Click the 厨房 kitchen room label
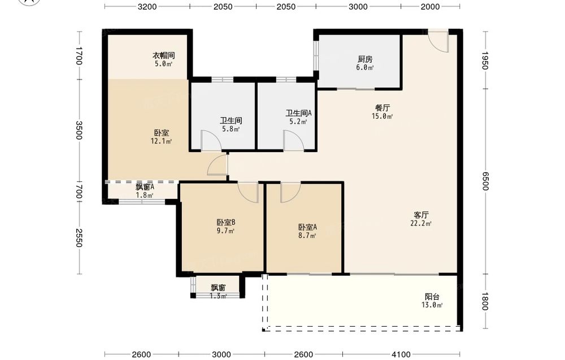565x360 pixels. (x=365, y=59)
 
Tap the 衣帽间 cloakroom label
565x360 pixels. (x=164, y=55)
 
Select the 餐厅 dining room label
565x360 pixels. (x=383, y=108)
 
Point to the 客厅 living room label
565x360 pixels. (x=421, y=215)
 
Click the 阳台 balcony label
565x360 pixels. (x=432, y=297)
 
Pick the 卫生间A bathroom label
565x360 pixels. (x=299, y=113)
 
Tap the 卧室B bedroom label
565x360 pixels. (x=226, y=222)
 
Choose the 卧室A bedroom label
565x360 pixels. (x=307, y=227)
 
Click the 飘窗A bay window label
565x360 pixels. (x=145, y=187)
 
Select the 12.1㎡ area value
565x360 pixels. (x=161, y=141)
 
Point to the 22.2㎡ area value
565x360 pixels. (x=421, y=223)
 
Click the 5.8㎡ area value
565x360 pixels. (x=231, y=129)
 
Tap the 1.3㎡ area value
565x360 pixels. (x=218, y=296)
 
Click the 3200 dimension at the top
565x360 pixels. (x=147, y=6)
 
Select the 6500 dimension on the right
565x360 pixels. (x=485, y=181)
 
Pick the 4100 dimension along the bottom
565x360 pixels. (x=401, y=354)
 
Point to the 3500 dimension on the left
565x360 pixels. (x=79, y=130)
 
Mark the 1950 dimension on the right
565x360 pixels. (x=485, y=60)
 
